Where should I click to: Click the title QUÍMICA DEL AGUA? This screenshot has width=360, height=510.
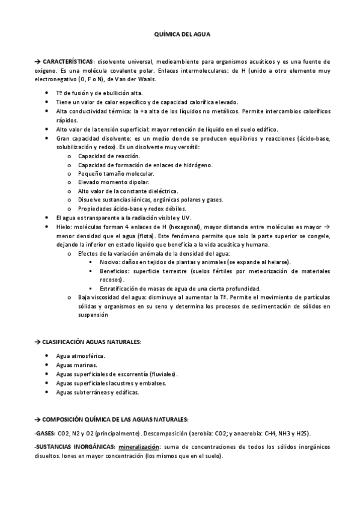click(180, 35)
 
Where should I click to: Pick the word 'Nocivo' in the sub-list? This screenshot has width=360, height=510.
click(110, 262)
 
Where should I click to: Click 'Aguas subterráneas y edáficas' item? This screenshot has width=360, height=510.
click(97, 392)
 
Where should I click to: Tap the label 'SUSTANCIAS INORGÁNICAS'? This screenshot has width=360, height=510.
click(76, 447)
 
